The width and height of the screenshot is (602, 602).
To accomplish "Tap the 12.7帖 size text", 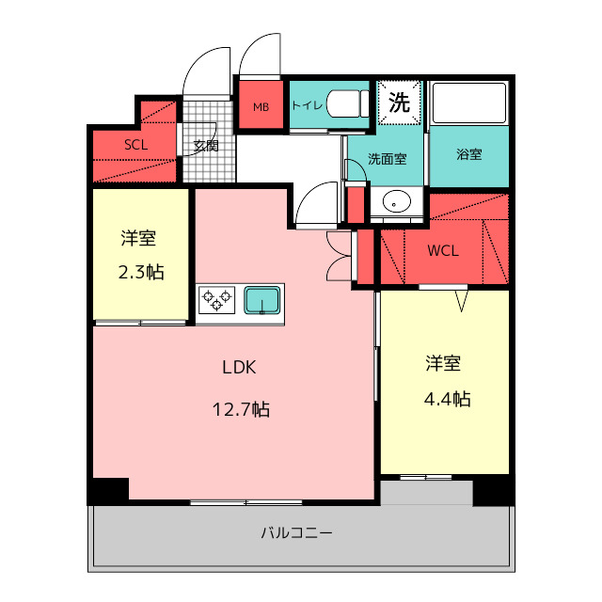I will point(241,409).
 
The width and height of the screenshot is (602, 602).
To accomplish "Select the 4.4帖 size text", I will point(446,399).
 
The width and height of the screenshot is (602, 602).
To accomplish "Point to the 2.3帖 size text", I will point(142,273).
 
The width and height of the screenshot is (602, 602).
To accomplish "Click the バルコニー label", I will point(296,533).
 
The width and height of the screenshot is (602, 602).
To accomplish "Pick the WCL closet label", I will point(443,251).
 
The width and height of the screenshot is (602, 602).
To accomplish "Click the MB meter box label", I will point(261,106).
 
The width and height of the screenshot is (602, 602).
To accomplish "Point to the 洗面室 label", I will point(387,159).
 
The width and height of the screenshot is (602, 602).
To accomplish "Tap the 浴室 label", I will point(469,154).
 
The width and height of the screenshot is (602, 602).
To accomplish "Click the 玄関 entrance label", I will point(206,146).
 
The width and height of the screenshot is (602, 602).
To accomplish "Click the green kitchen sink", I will point(262,301).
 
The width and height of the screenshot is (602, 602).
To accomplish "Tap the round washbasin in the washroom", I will point(399,201).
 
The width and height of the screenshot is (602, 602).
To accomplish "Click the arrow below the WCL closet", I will point(462,300).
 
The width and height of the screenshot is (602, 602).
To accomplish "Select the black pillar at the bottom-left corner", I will point(109,491).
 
